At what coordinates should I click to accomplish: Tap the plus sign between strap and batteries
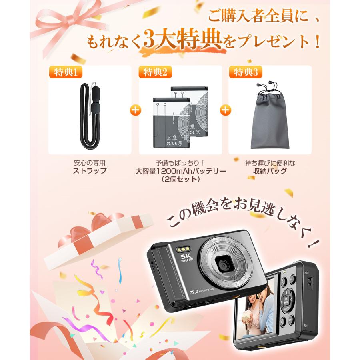click(x=136, y=110)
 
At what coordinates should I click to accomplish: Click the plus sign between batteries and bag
click(x=226, y=110)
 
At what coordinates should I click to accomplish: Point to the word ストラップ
click(x=90, y=171)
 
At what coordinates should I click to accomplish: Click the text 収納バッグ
click(x=270, y=171)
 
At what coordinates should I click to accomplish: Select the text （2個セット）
click(x=180, y=179)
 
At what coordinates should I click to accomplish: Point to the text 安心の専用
click(x=90, y=163)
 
